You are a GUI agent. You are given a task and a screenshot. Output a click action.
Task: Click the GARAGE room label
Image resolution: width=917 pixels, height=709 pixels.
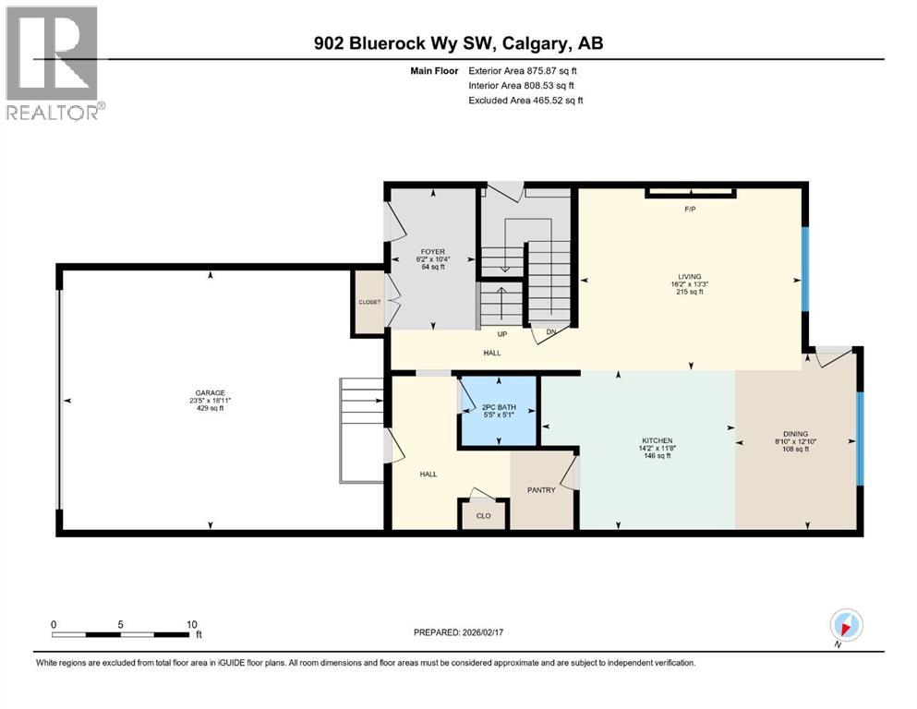point(210,392)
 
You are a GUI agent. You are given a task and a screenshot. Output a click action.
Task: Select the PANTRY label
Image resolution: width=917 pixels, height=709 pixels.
point(541,490)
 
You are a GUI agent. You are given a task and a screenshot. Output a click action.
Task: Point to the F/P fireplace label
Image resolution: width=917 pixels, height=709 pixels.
point(689,210)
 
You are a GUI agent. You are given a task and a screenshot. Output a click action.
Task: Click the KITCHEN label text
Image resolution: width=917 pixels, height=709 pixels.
point(658,440)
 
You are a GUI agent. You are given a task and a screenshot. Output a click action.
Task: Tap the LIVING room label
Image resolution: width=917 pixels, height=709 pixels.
point(689,276)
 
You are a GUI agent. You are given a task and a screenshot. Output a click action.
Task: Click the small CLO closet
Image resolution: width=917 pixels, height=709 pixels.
point(483,516)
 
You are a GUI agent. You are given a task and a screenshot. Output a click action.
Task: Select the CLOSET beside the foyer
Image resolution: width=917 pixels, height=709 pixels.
point(369,301)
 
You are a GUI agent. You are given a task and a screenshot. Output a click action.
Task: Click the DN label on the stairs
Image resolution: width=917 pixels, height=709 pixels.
point(551,331)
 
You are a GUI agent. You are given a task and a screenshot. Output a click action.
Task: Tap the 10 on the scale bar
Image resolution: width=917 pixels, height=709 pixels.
point(190,624)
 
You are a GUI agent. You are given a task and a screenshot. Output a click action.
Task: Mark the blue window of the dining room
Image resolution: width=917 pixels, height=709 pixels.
point(860,438)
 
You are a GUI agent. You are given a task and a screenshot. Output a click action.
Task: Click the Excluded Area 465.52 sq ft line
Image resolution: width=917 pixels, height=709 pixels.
point(525,100)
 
